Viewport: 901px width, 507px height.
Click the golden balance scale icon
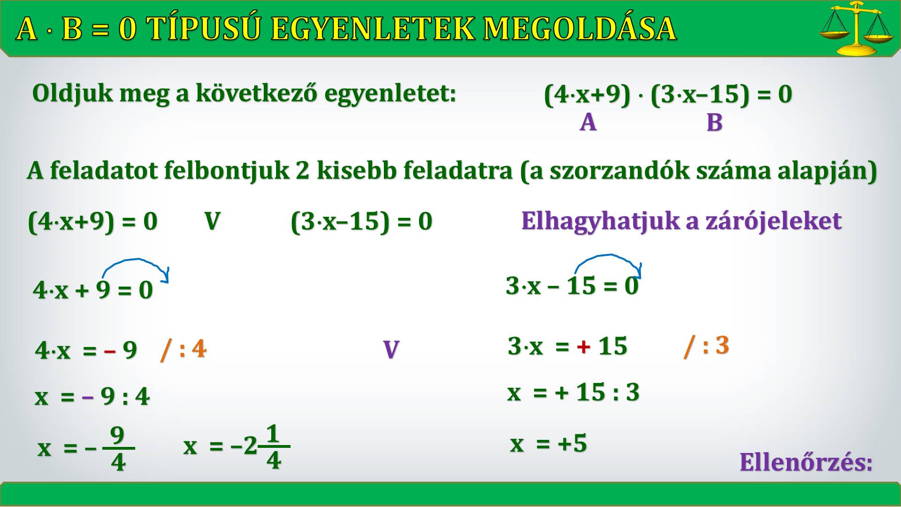[857, 28]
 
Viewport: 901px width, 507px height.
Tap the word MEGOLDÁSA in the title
[580, 28]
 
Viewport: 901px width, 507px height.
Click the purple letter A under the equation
[588, 123]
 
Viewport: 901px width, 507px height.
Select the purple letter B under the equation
[714, 123]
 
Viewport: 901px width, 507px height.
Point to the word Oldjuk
[73, 94]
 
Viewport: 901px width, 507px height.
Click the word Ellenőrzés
[806, 462]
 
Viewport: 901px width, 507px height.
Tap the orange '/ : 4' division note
[183, 349]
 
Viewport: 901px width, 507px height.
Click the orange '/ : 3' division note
[706, 346]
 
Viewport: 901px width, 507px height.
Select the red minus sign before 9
[110, 351]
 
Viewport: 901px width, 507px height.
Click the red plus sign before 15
[583, 347]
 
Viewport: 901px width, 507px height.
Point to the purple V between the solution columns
[391, 350]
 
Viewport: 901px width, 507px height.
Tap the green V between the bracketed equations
[212, 221]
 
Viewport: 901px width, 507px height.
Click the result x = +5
[549, 443]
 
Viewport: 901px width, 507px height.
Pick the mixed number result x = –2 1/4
[237, 446]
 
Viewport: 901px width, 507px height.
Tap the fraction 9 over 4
[118, 448]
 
